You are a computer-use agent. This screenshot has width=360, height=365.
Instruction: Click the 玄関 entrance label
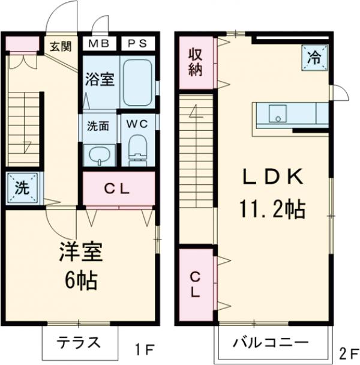[x=59, y=45]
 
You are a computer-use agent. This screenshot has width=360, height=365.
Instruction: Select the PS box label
[x=137, y=44]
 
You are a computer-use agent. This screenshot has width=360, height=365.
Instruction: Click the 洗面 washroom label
[x=98, y=127]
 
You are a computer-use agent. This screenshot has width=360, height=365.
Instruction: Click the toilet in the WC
[x=137, y=150]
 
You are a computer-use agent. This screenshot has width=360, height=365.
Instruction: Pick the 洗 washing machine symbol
[x=22, y=188]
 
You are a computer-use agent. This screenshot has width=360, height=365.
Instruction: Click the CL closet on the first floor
[x=118, y=189]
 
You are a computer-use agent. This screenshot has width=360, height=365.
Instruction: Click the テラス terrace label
[x=78, y=343]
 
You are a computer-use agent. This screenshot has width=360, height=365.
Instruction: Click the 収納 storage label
[x=196, y=61]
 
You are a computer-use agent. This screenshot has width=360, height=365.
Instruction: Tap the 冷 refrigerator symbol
[x=314, y=58]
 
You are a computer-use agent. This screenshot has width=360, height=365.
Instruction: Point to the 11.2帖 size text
[x=273, y=210]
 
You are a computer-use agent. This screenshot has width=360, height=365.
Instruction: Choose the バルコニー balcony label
[x=271, y=344]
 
